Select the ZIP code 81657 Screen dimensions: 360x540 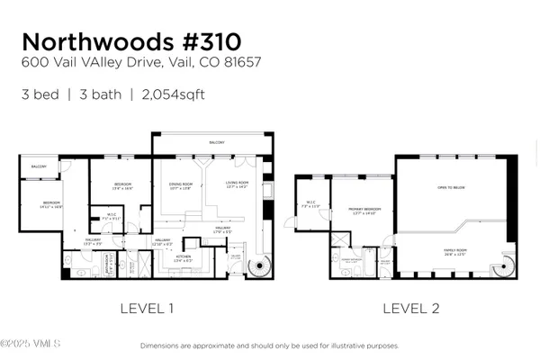245,63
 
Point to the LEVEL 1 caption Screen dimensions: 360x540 147,309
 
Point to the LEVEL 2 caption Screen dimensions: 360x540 411,309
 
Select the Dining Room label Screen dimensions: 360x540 181,184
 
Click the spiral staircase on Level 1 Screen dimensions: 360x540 260,266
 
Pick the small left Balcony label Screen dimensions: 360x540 39,166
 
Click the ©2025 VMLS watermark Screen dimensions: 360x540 31,344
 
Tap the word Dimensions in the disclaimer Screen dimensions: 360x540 160,346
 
